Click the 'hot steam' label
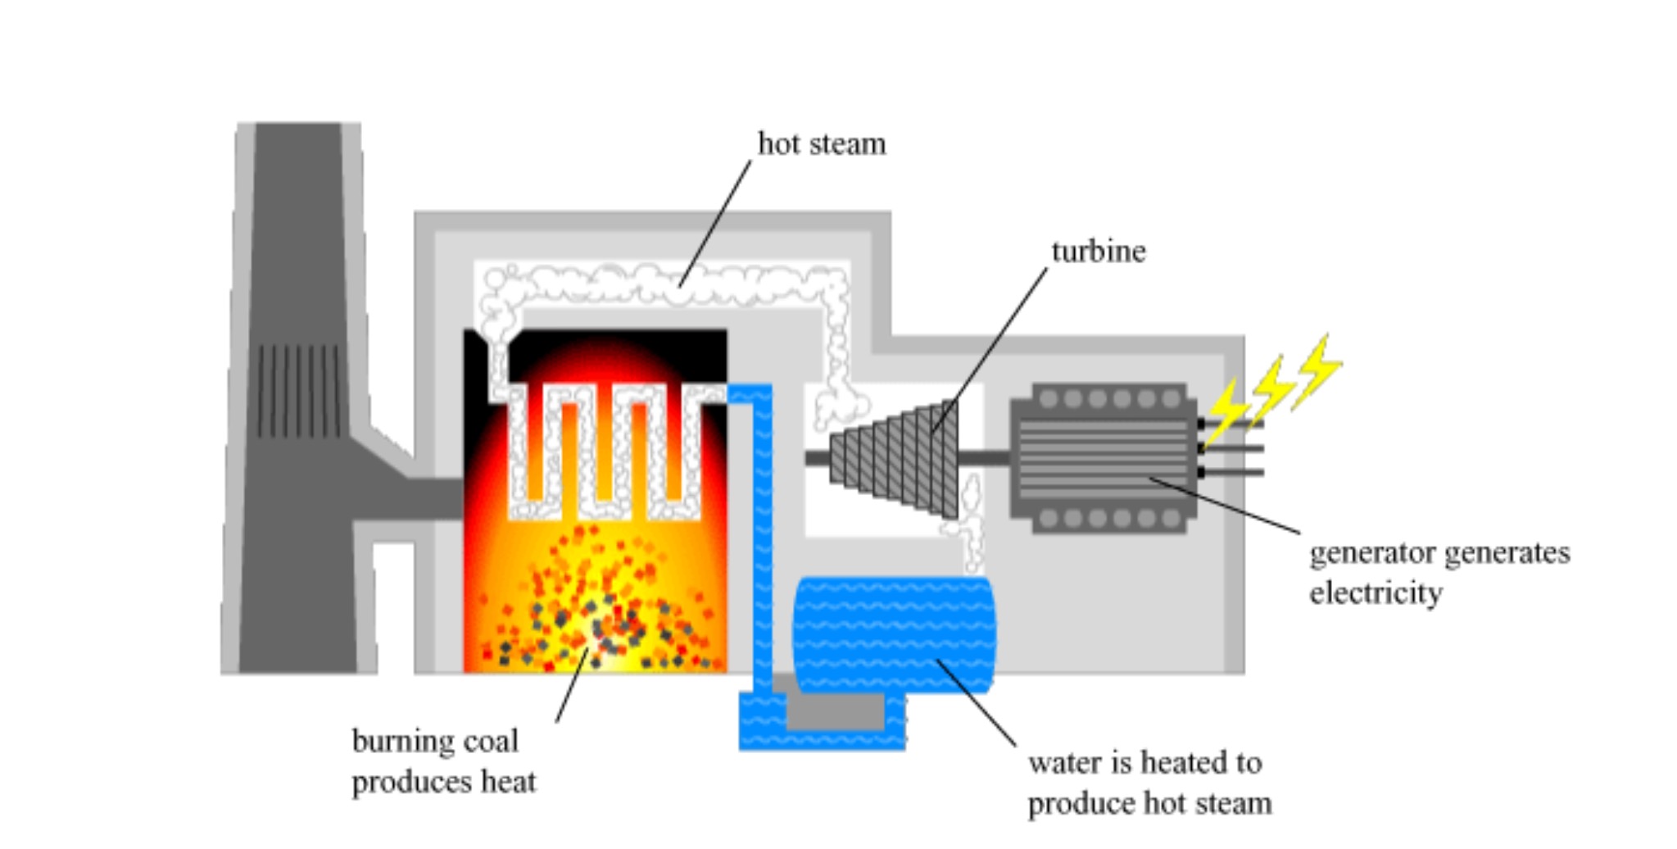pyautogui.click(x=821, y=144)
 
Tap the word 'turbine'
pyautogui.click(x=1098, y=252)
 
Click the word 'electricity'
pyautogui.click(x=1376, y=592)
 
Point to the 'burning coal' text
pyautogui.click(x=435, y=742)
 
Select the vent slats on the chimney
pyautogui.click(x=298, y=391)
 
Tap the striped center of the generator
pyautogui.click(x=1102, y=459)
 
